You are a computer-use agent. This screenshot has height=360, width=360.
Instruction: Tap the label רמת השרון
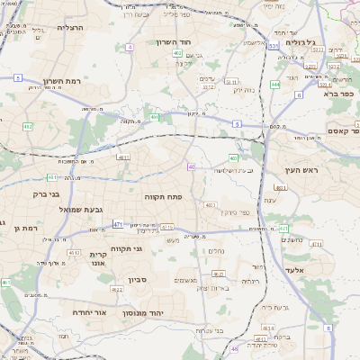click(62, 82)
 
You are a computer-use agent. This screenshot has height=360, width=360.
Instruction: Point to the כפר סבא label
click(344, 91)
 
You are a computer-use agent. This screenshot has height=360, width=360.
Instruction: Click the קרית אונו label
click(98, 259)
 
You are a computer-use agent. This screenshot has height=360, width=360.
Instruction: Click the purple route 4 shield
click(130, 47)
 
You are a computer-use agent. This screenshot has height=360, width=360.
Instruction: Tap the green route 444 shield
click(301, 83)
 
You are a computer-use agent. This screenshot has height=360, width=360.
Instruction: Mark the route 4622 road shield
click(117, 289)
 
